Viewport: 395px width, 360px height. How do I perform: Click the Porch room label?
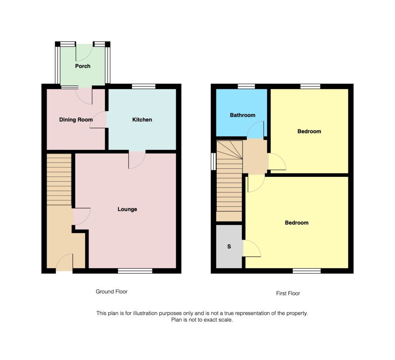click(x=83, y=66)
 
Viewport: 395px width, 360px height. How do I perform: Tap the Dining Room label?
click(x=76, y=119)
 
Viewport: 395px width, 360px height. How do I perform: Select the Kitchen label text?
click(x=142, y=119)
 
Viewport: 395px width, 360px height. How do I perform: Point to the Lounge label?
click(x=127, y=209)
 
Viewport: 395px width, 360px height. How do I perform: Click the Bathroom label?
click(x=243, y=115)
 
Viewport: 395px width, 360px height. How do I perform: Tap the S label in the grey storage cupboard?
click(x=229, y=246)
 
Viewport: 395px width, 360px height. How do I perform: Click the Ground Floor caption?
click(x=111, y=291)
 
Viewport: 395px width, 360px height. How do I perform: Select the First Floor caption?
click(x=288, y=293)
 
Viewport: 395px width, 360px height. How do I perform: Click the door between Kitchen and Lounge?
click(x=137, y=159)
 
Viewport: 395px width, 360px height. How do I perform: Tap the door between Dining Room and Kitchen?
click(x=99, y=120)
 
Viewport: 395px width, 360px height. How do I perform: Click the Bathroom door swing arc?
click(x=255, y=130)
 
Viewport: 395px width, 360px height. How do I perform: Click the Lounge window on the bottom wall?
click(x=135, y=271)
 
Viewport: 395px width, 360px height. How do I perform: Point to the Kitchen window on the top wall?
click(x=143, y=86)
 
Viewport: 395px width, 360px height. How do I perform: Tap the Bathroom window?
click(x=246, y=86)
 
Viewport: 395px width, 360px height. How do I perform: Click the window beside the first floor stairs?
click(x=213, y=161)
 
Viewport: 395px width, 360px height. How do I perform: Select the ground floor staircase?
click(x=59, y=180)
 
